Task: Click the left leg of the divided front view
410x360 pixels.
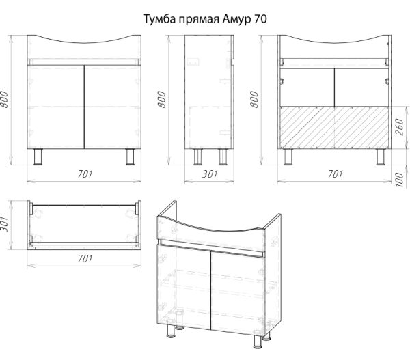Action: (x=289, y=158)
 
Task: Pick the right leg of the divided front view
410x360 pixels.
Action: (x=379, y=158)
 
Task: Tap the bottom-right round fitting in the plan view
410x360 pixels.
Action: (x=129, y=238)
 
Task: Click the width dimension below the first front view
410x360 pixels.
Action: (x=84, y=174)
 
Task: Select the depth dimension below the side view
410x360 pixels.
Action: (x=210, y=174)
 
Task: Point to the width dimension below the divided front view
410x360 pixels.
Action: (x=335, y=174)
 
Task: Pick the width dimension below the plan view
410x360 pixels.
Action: (x=84, y=258)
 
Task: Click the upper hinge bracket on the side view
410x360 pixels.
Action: (x=226, y=81)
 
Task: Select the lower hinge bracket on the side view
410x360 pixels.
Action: (x=226, y=131)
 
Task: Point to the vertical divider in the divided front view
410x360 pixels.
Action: (x=335, y=127)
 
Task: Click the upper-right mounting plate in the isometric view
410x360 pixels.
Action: (x=275, y=243)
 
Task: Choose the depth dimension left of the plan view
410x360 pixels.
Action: (x=5, y=224)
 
